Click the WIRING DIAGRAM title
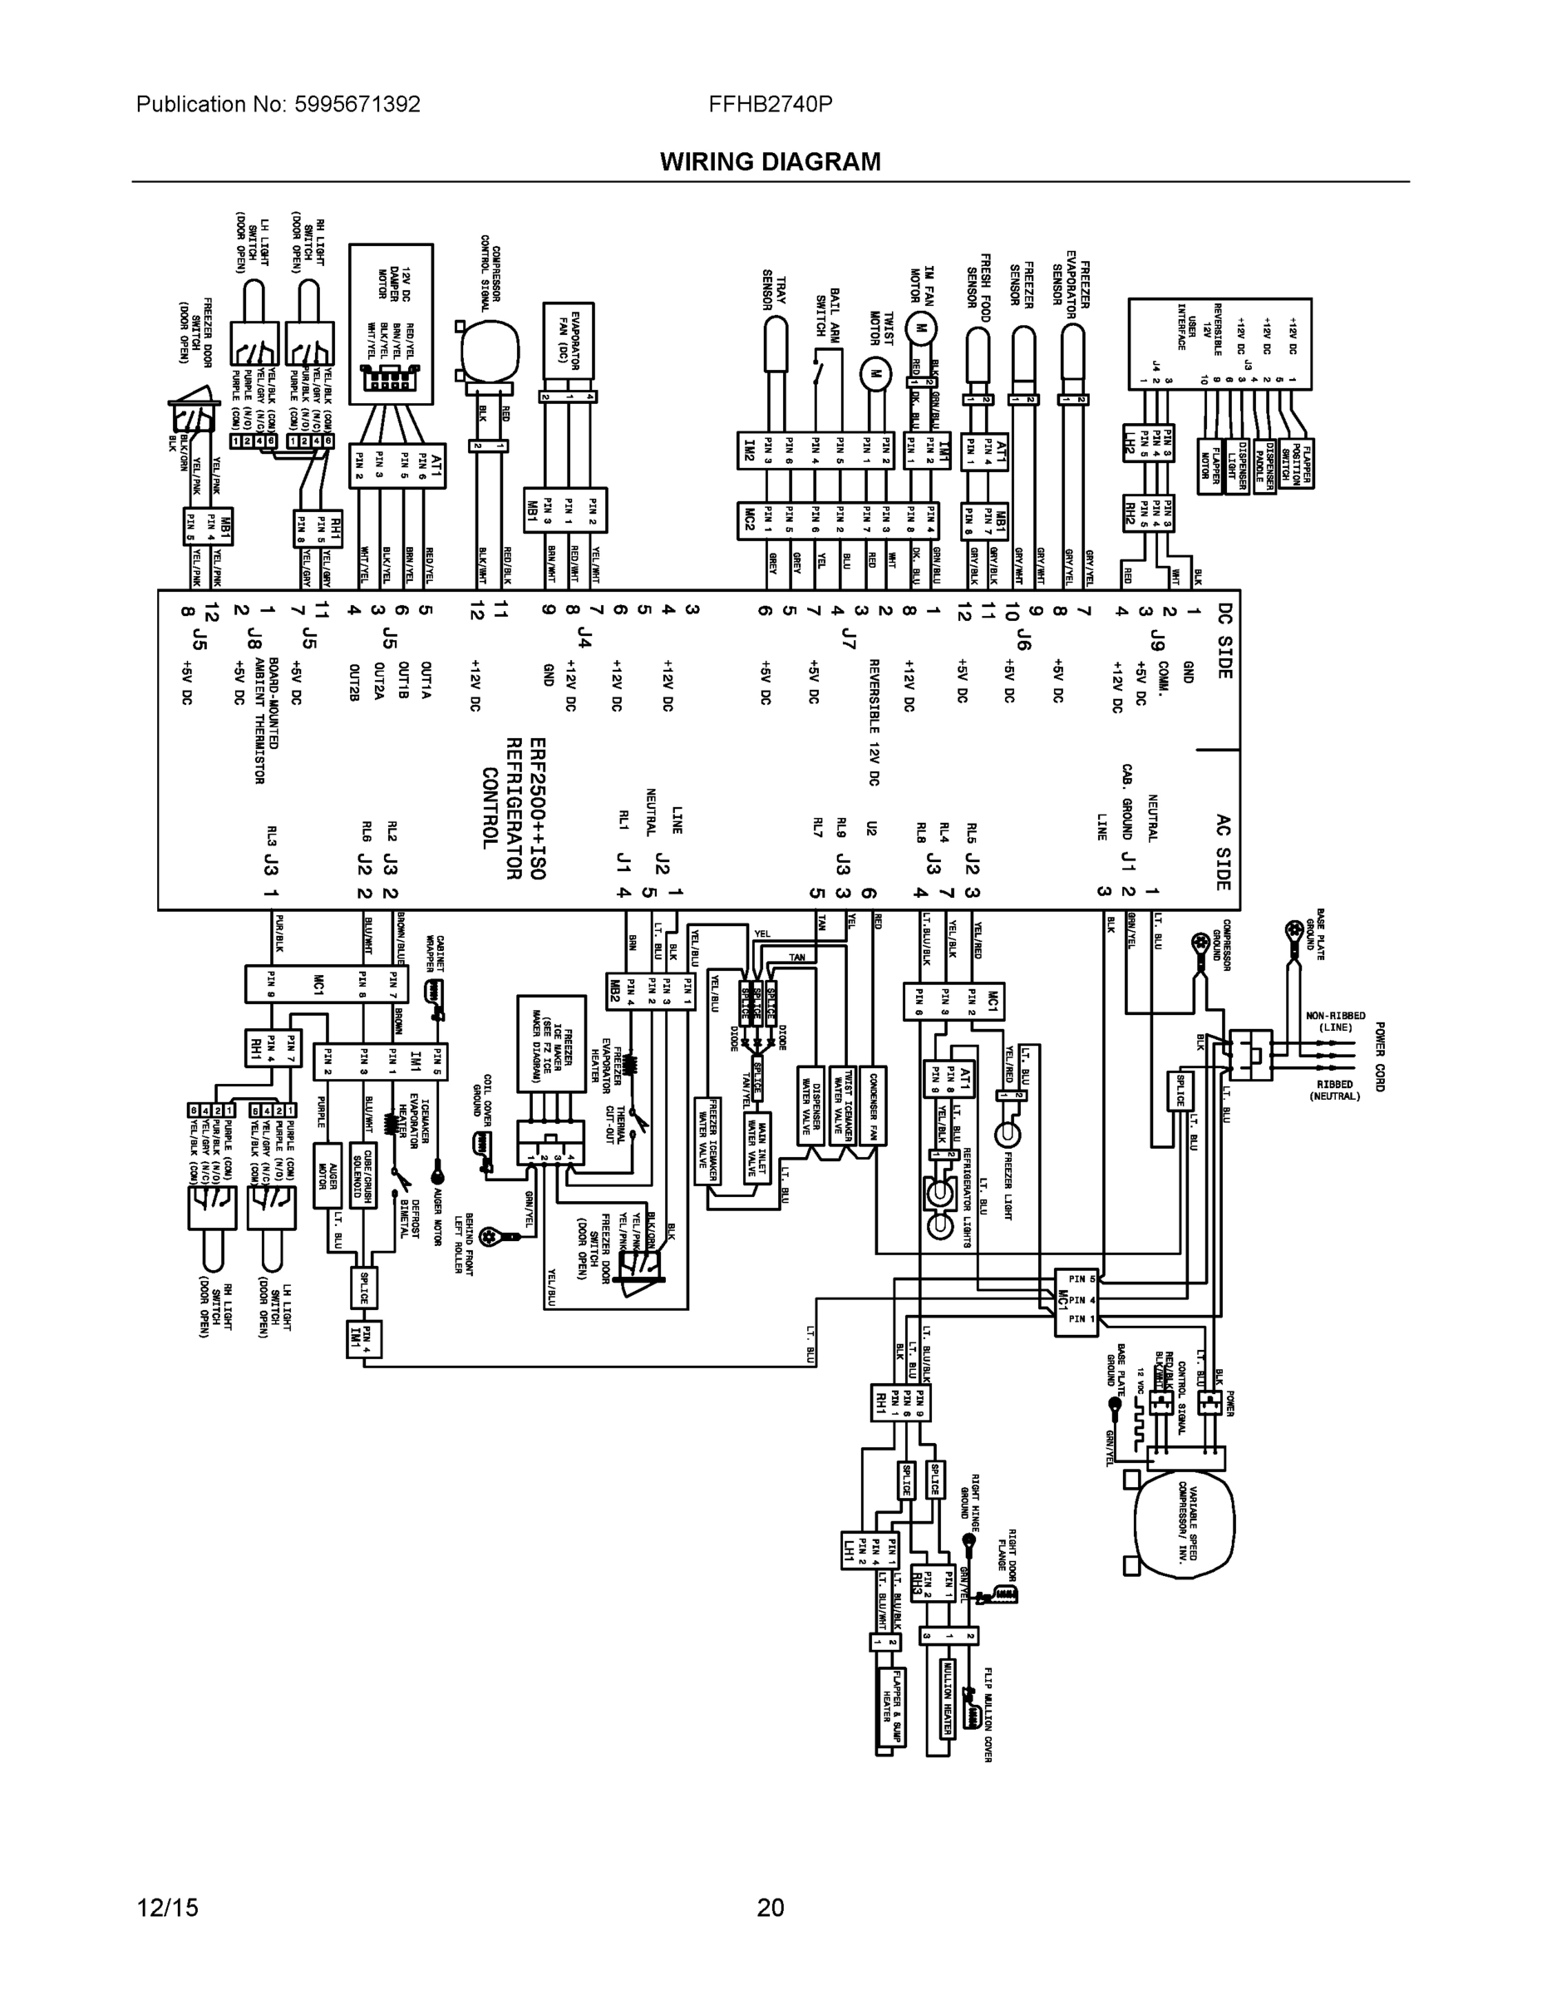coord(770,162)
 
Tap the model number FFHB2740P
coord(770,104)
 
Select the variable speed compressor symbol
coord(1184,1517)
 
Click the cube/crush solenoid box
coord(363,1174)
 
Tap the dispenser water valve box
coord(810,1105)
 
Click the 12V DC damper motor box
coord(391,323)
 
